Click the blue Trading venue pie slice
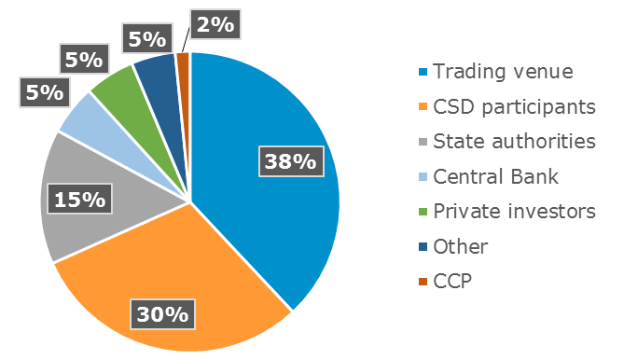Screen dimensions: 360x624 (270, 121)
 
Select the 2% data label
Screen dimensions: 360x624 (214, 24)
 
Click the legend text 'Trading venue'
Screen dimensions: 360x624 (503, 71)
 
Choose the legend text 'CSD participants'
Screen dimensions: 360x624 (514, 106)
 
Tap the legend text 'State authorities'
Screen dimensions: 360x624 (514, 142)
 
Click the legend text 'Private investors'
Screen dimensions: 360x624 (514, 212)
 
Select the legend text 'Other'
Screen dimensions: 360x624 (460, 247)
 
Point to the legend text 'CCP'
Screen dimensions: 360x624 (453, 282)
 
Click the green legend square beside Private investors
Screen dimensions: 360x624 (423, 213)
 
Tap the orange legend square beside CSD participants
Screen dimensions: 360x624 (423, 107)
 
